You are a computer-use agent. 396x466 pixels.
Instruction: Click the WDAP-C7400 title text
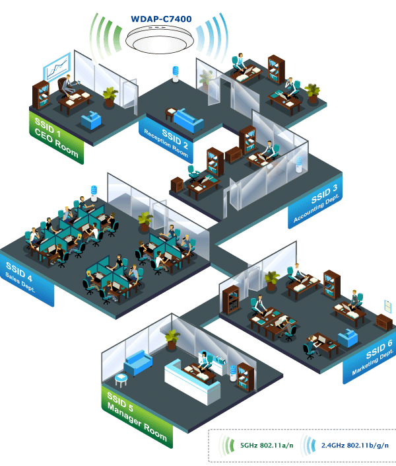point(162,19)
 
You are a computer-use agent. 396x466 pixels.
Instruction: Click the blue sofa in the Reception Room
point(189,118)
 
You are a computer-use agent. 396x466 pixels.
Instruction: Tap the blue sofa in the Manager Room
point(139,362)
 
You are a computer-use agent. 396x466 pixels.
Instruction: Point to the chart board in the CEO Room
point(57,67)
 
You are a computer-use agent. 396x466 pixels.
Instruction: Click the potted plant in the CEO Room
point(110,95)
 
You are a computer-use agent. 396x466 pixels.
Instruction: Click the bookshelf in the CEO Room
point(41,96)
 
